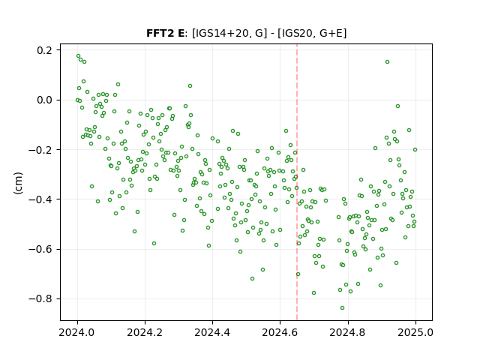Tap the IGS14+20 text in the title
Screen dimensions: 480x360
[x=220, y=33]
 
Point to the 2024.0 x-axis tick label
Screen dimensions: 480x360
[x=76, y=332]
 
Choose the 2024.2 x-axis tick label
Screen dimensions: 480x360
[x=145, y=332]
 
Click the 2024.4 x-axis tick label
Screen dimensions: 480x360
[x=212, y=332]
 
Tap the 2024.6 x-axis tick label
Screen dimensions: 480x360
[x=280, y=332]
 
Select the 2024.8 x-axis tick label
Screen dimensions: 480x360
[x=347, y=332]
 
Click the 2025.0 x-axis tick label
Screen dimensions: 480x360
[x=415, y=332]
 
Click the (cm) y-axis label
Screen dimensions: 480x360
[x=18, y=183]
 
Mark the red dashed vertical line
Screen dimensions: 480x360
[x=297, y=182]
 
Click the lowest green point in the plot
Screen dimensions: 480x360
[x=342, y=307]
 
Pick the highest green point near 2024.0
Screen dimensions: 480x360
[x=78, y=56]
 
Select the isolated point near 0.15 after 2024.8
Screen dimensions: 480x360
[x=387, y=61]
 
